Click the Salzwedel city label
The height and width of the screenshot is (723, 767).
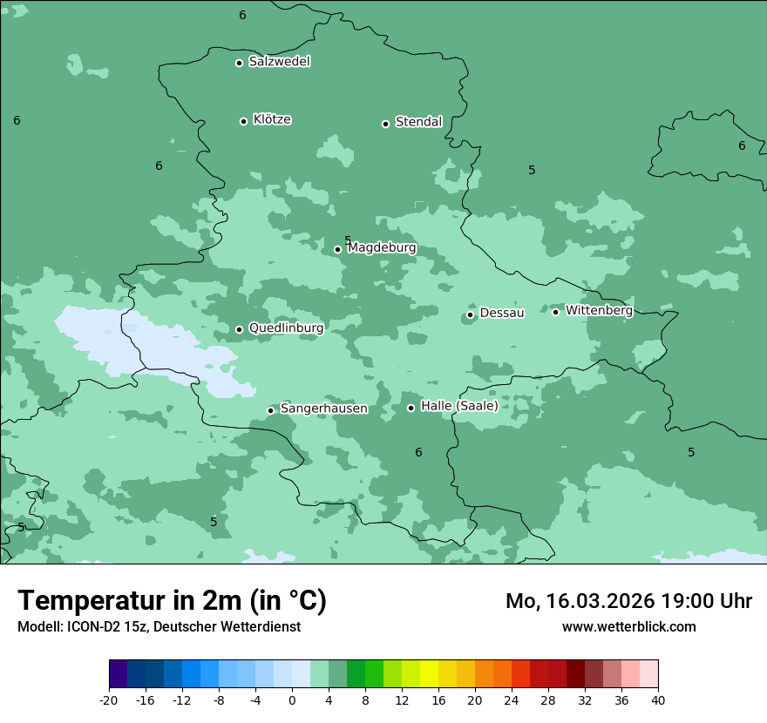(x=279, y=62)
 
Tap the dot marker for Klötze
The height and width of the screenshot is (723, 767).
(x=243, y=121)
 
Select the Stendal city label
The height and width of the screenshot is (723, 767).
(x=418, y=122)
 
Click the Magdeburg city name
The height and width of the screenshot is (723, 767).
(x=382, y=248)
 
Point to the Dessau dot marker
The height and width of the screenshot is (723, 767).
(x=470, y=314)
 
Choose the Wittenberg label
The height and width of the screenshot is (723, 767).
(x=599, y=310)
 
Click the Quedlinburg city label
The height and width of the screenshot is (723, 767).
(x=286, y=328)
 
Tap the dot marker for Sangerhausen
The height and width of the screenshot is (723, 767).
(x=270, y=410)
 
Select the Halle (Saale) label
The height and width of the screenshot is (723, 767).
(x=459, y=406)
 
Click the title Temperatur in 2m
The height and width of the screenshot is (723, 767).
(x=172, y=600)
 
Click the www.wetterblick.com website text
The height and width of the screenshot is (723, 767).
(x=628, y=626)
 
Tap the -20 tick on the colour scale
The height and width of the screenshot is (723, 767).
(x=108, y=699)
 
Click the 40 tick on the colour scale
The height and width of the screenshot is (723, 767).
(x=657, y=699)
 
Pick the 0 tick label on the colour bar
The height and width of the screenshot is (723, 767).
(x=292, y=699)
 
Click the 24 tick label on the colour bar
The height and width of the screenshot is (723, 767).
(x=512, y=699)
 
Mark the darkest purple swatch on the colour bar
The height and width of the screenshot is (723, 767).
(x=118, y=674)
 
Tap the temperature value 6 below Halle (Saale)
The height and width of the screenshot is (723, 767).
(x=418, y=452)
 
